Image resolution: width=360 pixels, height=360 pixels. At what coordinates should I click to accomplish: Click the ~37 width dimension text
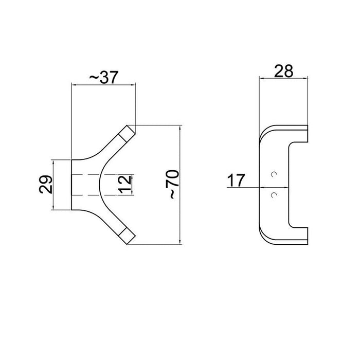pos(104,77)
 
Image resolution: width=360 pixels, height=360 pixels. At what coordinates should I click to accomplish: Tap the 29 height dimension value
pos(46,184)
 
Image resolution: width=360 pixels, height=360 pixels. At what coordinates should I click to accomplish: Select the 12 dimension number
pos(124,184)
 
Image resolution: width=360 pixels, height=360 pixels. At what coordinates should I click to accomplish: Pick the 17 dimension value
pos(237,181)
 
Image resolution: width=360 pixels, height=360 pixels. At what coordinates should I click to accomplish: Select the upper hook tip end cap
pos(127,133)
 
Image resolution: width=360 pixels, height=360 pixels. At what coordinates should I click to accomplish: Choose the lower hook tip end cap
pos(127,235)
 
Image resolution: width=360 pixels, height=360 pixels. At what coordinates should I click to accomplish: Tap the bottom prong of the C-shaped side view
pos(298,233)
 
